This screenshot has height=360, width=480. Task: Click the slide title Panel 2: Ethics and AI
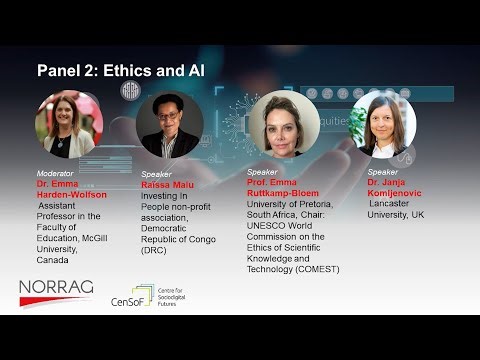click(x=121, y=71)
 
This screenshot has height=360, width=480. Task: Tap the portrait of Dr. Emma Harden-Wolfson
click(x=69, y=125)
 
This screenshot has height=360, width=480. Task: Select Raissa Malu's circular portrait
click(x=169, y=126)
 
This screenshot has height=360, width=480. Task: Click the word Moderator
click(x=55, y=172)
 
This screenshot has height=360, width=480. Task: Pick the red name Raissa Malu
click(x=168, y=184)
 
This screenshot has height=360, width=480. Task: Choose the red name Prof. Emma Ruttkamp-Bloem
click(x=290, y=188)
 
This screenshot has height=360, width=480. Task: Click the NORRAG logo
click(x=56, y=292)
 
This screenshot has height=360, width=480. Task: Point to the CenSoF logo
click(x=131, y=297)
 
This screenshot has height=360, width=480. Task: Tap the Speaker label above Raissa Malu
click(x=156, y=173)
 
